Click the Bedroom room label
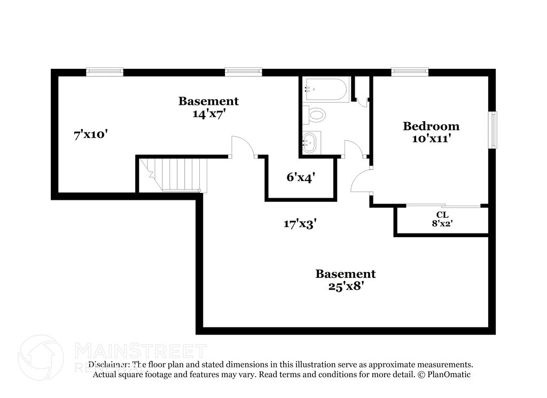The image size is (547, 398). pos(431,127)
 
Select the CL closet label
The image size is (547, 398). pos(442,214)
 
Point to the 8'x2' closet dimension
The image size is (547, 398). pos(442,224)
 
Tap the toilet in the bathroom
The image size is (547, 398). pos(315,114)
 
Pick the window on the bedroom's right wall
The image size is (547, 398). pos(494,130)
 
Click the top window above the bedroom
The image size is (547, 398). pos(410,72)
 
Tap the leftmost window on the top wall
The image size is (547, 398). pos(105,72)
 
